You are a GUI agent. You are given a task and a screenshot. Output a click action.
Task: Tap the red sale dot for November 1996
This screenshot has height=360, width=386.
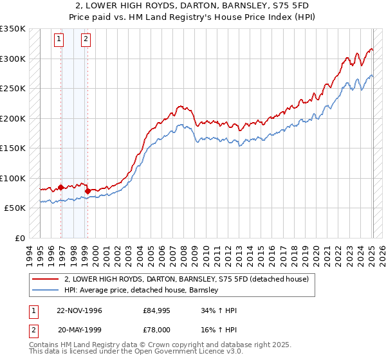coord(61,188)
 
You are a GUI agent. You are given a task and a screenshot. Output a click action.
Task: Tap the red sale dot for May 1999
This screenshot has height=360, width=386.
coord(87,192)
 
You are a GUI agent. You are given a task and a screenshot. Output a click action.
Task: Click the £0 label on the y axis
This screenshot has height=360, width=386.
coord(18,238)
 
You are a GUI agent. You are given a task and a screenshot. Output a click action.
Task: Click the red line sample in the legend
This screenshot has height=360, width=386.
coord(44,279)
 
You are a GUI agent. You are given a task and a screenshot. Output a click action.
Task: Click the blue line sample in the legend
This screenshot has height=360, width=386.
coord(44,290)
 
